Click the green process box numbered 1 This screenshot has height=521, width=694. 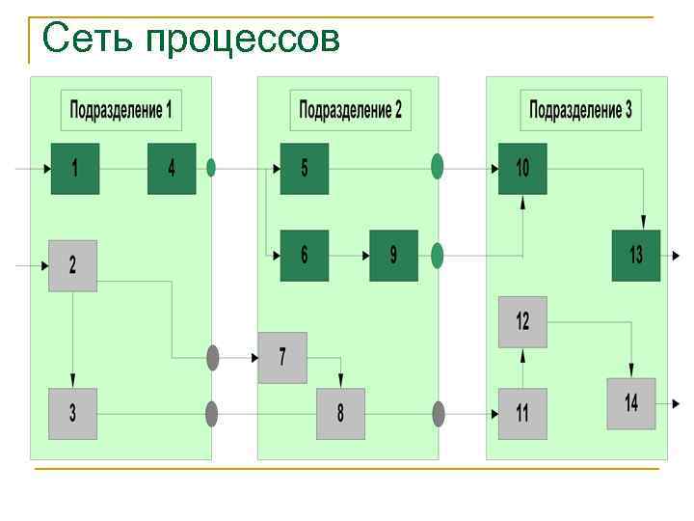(x=75, y=168)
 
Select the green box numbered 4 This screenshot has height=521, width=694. (x=172, y=168)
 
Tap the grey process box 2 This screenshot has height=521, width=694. (x=73, y=264)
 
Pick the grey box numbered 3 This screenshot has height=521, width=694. (x=73, y=413)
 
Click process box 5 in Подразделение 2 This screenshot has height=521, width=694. (x=305, y=168)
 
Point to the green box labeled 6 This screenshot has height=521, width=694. (x=305, y=255)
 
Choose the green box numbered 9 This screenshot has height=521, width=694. (x=393, y=255)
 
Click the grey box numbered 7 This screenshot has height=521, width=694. (x=282, y=357)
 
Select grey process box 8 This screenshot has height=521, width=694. (x=340, y=413)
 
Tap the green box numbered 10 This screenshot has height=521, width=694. (x=522, y=168)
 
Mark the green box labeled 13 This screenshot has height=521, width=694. (x=636, y=255)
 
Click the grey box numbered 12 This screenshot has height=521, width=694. (x=522, y=321)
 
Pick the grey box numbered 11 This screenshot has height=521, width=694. (x=522, y=413)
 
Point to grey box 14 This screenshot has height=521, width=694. (x=631, y=403)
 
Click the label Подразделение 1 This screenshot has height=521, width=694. (x=121, y=109)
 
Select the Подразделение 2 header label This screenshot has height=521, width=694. (x=351, y=109)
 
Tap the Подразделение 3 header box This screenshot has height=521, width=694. (x=580, y=109)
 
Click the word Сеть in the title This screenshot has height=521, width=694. (x=88, y=40)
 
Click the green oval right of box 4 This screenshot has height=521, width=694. (x=211, y=167)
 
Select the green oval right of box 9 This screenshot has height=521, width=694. (x=437, y=256)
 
